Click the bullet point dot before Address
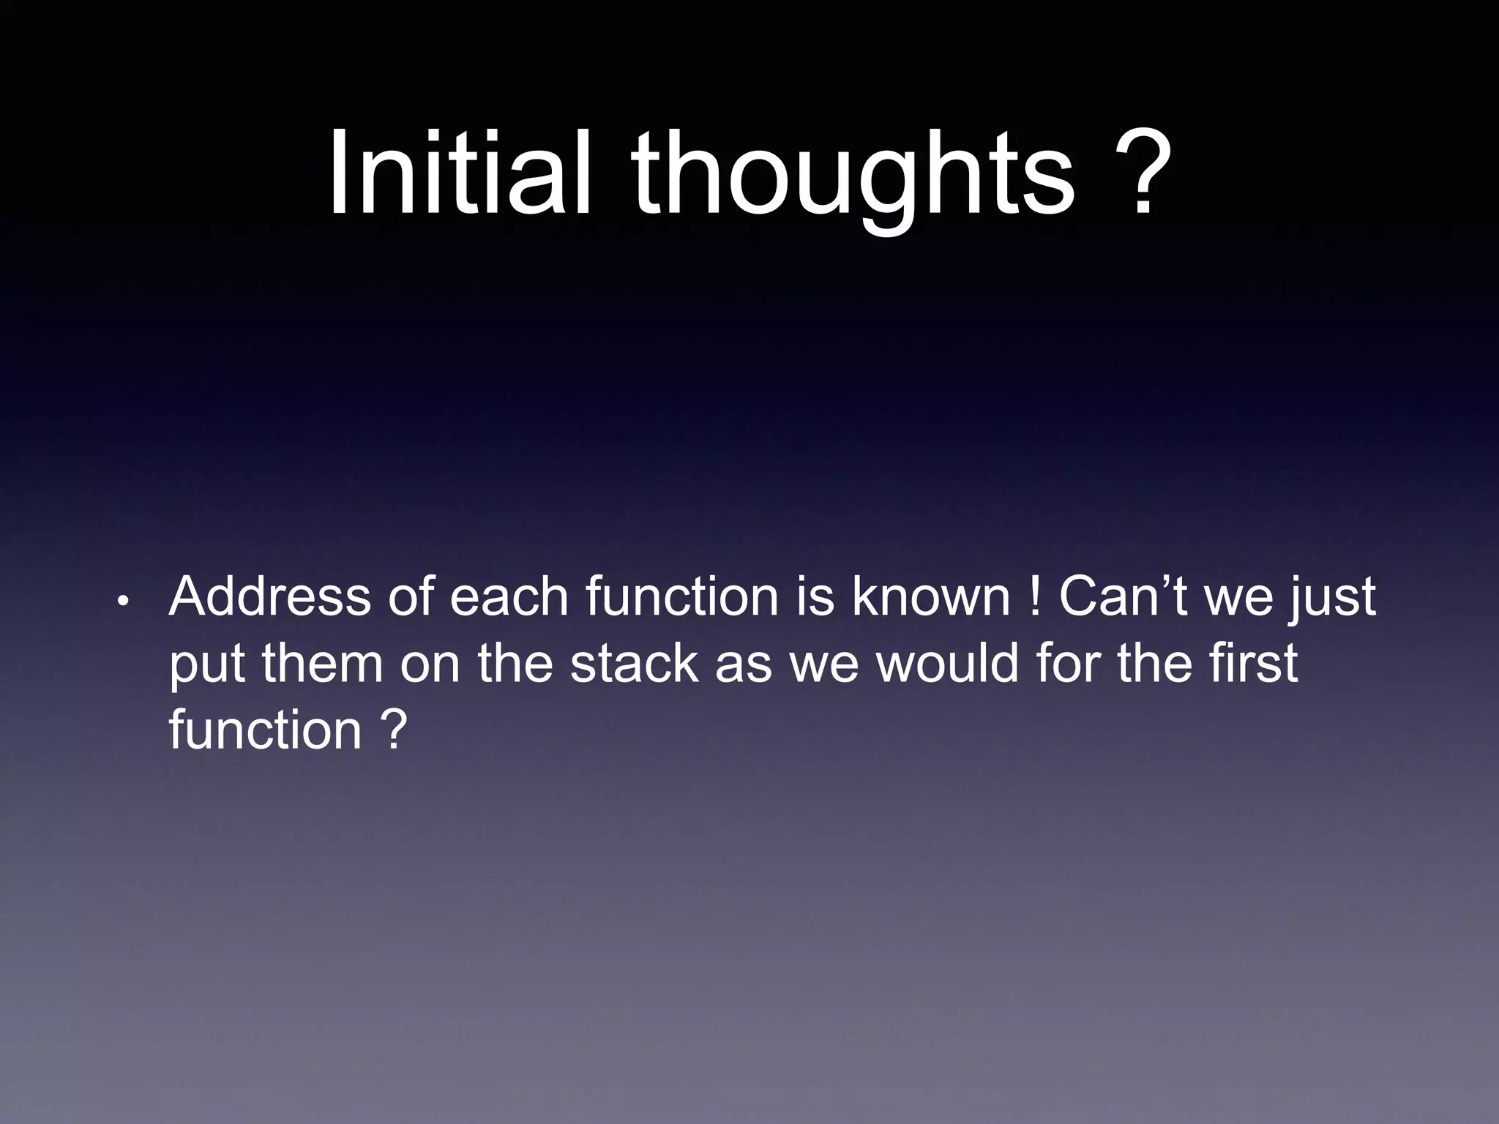[x=123, y=602]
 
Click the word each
[x=508, y=597]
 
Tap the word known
[x=930, y=597]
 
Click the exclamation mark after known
[x=1034, y=597]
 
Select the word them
[x=322, y=663]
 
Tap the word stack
[x=634, y=663]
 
